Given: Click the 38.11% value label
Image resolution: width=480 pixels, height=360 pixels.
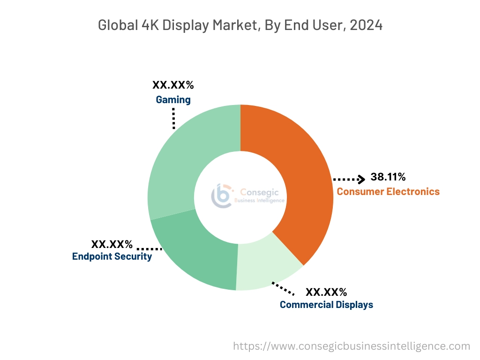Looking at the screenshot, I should (x=388, y=177).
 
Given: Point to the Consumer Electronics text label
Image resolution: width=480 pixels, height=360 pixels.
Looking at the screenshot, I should (x=388, y=191).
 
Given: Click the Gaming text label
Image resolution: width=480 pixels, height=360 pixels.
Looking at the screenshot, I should (x=173, y=100).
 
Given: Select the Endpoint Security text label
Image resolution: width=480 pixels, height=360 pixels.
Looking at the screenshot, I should (x=112, y=256).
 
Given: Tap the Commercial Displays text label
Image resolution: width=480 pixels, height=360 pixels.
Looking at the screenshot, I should (x=326, y=305).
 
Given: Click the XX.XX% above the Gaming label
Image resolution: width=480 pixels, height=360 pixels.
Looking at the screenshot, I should (x=173, y=85).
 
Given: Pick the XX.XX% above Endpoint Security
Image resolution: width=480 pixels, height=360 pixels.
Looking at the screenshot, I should (x=112, y=244).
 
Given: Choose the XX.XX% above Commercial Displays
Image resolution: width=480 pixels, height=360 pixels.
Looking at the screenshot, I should (x=326, y=292).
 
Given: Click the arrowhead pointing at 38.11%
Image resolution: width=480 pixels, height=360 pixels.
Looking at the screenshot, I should (x=361, y=179).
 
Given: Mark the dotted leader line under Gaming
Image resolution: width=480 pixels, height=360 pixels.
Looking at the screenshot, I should (x=173, y=118).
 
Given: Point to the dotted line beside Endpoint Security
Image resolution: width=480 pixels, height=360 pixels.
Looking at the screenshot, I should (x=149, y=249).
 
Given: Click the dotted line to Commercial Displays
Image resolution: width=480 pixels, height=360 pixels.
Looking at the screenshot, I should (x=283, y=288).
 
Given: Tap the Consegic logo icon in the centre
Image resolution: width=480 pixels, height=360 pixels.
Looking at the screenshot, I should (x=221, y=195).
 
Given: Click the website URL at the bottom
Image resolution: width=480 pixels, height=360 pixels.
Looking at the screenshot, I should (x=352, y=346).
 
